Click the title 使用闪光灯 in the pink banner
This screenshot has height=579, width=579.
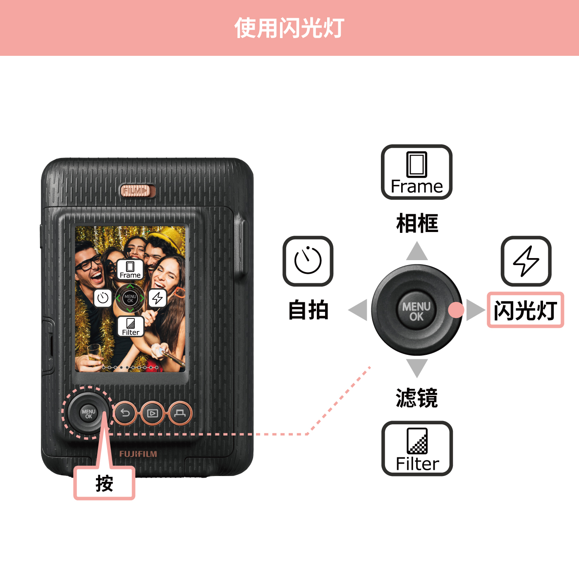click(x=289, y=28)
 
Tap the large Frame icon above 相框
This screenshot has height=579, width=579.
click(x=416, y=172)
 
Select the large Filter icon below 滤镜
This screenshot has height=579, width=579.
click(x=417, y=448)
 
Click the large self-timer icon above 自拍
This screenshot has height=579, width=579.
click(x=308, y=261)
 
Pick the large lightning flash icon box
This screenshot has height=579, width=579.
click(x=526, y=261)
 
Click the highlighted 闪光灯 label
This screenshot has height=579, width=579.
click(x=525, y=310)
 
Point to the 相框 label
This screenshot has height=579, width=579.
click(x=417, y=223)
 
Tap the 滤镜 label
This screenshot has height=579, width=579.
click(x=417, y=397)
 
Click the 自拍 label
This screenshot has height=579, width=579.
click(x=308, y=309)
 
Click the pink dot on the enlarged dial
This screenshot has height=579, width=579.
click(x=456, y=310)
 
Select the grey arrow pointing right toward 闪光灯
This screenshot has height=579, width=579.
click(x=476, y=310)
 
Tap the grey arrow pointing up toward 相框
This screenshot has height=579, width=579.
click(x=417, y=251)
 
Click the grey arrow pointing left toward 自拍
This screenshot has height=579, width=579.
click(x=358, y=310)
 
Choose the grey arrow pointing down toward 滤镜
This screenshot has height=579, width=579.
click(x=417, y=368)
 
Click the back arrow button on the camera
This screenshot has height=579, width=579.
click(x=125, y=413)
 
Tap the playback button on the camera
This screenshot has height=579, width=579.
click(x=153, y=413)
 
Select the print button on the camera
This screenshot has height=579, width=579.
click(x=180, y=413)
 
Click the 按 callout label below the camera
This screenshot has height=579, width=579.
click(x=104, y=483)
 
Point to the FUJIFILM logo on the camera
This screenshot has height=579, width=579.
click(x=138, y=454)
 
